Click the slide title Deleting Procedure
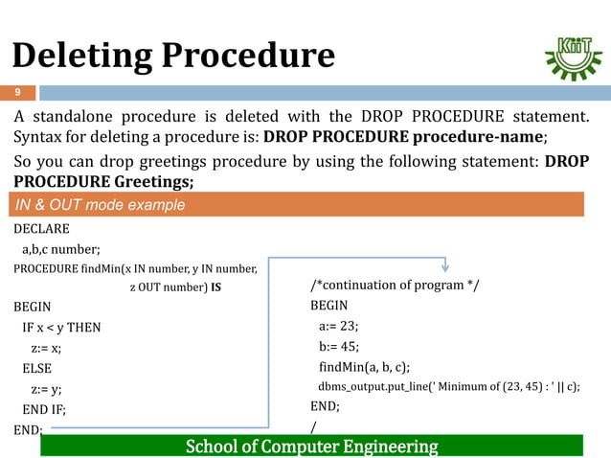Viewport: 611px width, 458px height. [173, 56]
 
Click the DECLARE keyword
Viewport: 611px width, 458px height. [42, 230]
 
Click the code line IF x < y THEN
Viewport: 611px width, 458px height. [61, 328]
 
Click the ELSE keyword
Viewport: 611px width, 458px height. [37, 368]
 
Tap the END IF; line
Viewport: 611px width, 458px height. [44, 409]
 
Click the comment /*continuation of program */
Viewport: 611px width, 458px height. [395, 286]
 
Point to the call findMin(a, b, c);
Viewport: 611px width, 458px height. [364, 367]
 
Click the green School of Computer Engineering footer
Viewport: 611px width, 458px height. [311, 447]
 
